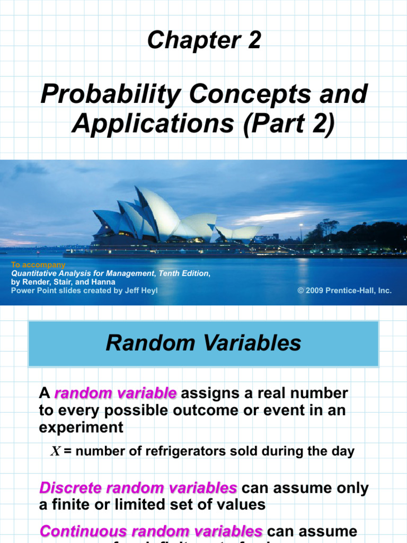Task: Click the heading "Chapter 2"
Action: pyautogui.click(x=204, y=40)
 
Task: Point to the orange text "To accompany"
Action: pyautogui.click(x=38, y=265)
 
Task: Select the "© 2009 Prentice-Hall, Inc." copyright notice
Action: pyautogui.click(x=344, y=291)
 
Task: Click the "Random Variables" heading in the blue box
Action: pyautogui.click(x=203, y=343)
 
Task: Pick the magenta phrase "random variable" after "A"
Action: pyautogui.click(x=115, y=393)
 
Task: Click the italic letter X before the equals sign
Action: pyautogui.click(x=56, y=451)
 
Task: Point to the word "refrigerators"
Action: pyautogui.click(x=174, y=451)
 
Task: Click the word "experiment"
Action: pyautogui.click(x=81, y=427)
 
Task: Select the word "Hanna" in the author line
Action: pyautogui.click(x=104, y=282)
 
